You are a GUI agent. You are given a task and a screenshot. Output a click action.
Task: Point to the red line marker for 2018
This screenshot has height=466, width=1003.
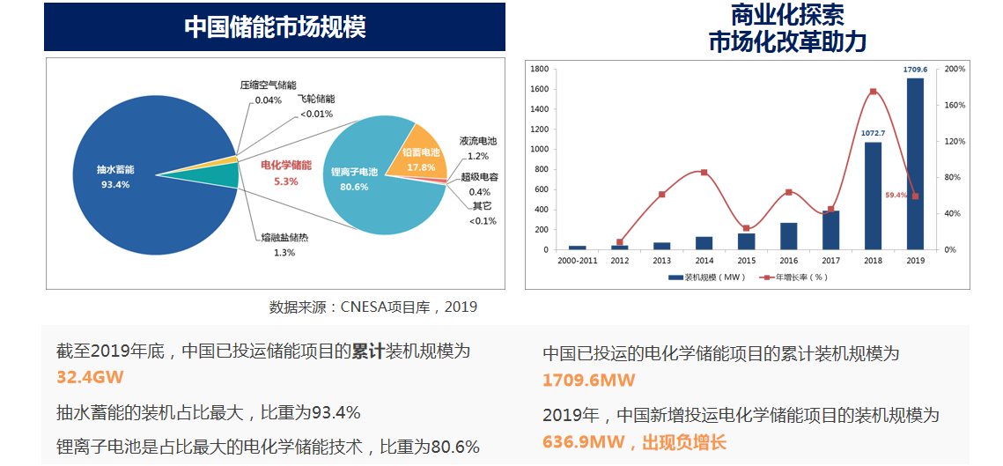pyautogui.click(x=873, y=92)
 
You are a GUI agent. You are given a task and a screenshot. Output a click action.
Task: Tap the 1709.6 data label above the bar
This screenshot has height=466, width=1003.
pyautogui.click(x=915, y=69)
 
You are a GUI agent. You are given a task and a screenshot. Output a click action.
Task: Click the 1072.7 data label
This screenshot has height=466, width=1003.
pyautogui.click(x=873, y=133)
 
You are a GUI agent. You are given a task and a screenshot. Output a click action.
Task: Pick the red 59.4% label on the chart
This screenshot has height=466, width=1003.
pyautogui.click(x=896, y=195)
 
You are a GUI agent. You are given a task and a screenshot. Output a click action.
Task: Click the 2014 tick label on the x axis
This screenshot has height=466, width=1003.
pyautogui.click(x=704, y=261)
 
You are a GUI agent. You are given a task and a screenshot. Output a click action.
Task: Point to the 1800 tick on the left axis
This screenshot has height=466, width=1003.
pyautogui.click(x=541, y=69)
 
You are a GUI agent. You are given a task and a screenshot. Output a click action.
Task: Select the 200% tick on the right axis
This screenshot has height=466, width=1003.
pyautogui.click(x=955, y=69)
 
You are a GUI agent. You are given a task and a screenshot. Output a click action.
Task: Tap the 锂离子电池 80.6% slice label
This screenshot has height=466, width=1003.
pyautogui.click(x=354, y=178)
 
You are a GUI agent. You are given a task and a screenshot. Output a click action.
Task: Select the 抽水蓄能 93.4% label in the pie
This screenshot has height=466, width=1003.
pyautogui.click(x=115, y=177)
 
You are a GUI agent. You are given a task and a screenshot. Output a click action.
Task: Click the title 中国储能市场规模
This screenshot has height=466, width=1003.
pyautogui.click(x=275, y=27)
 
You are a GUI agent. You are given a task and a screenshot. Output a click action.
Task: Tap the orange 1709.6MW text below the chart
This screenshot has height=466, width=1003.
pyautogui.click(x=588, y=381)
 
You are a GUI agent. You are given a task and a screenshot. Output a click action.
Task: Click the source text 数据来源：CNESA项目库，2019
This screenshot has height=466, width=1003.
pyautogui.click(x=373, y=307)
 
